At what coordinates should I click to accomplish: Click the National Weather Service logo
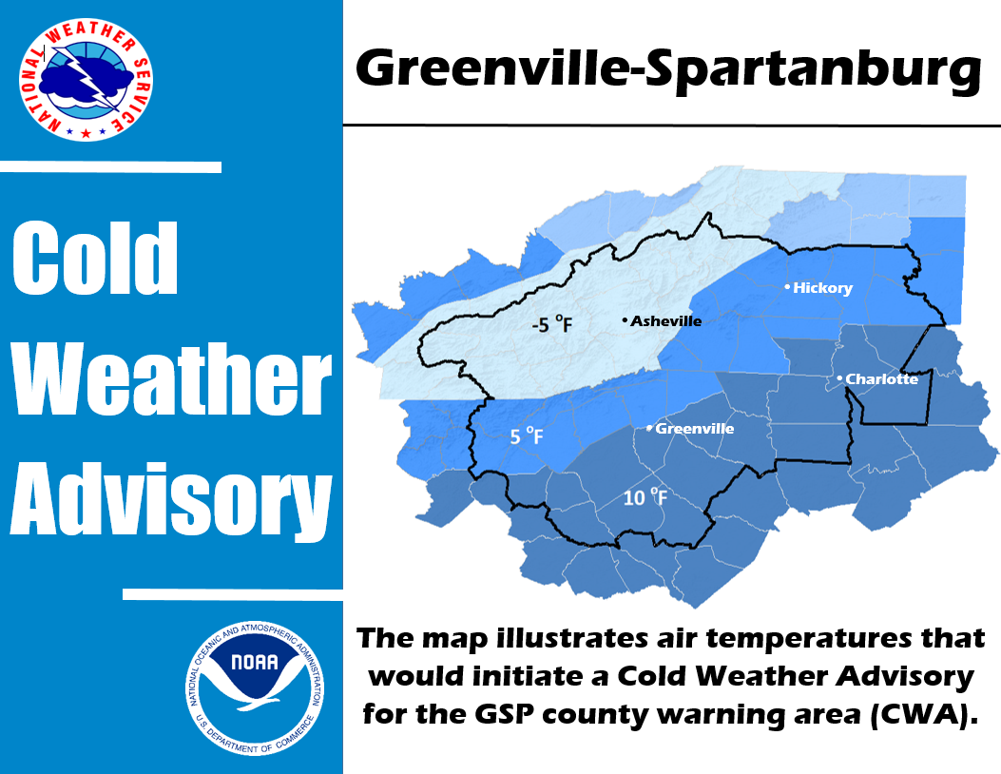[x=87, y=79]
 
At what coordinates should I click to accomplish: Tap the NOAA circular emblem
[x=256, y=687]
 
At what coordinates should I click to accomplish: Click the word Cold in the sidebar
[x=95, y=258]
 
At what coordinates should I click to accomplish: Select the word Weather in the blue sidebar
[x=172, y=378]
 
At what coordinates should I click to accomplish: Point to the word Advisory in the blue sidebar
[x=171, y=499]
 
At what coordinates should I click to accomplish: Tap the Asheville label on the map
[x=665, y=320]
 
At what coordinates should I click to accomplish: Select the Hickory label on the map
[x=822, y=288]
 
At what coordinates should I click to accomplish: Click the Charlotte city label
[x=881, y=378]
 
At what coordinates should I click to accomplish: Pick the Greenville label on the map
[x=695, y=429]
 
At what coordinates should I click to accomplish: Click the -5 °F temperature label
[x=552, y=324]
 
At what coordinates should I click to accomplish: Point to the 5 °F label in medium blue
[x=527, y=436]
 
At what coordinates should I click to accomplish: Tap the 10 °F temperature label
[x=645, y=497]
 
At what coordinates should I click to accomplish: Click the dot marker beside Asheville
[x=625, y=320]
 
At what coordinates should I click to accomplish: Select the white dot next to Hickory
[x=788, y=287]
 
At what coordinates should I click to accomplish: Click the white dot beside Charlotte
[x=840, y=378]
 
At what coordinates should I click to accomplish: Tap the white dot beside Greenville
[x=650, y=428]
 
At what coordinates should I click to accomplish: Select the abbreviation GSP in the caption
[x=504, y=714]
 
